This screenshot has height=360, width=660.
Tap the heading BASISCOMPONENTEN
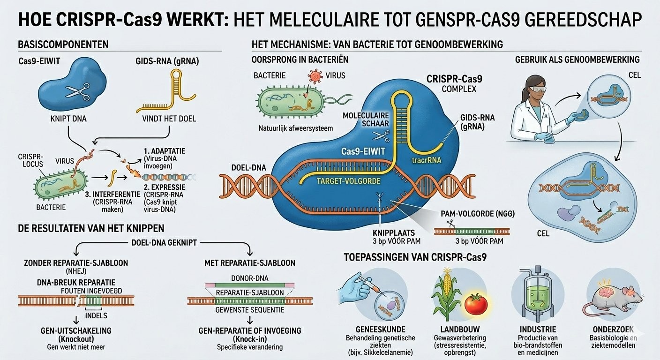pyautogui.click(x=63, y=45)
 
